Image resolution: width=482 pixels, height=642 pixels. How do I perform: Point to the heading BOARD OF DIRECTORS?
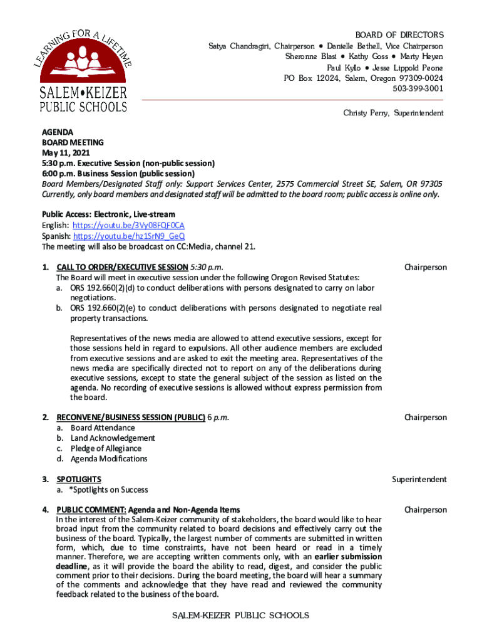click(399, 35)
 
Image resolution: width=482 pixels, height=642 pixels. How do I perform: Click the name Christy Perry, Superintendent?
click(393, 113)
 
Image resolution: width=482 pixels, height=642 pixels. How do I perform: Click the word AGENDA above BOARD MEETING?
click(58, 133)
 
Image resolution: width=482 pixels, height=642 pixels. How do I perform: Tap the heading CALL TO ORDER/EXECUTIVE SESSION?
click(122, 267)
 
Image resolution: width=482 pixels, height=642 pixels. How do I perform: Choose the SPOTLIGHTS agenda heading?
click(79, 480)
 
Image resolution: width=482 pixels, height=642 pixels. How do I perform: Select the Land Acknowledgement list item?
click(113, 438)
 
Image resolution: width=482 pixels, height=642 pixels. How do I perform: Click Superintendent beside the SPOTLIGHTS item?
click(419, 480)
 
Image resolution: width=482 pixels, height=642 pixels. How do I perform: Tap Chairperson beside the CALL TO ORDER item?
click(426, 267)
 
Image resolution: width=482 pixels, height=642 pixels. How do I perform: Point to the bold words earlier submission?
click(348, 557)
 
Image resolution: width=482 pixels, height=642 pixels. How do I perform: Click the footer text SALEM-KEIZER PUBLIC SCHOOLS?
click(241, 616)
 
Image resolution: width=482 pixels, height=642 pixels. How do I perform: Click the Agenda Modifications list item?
click(109, 458)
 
